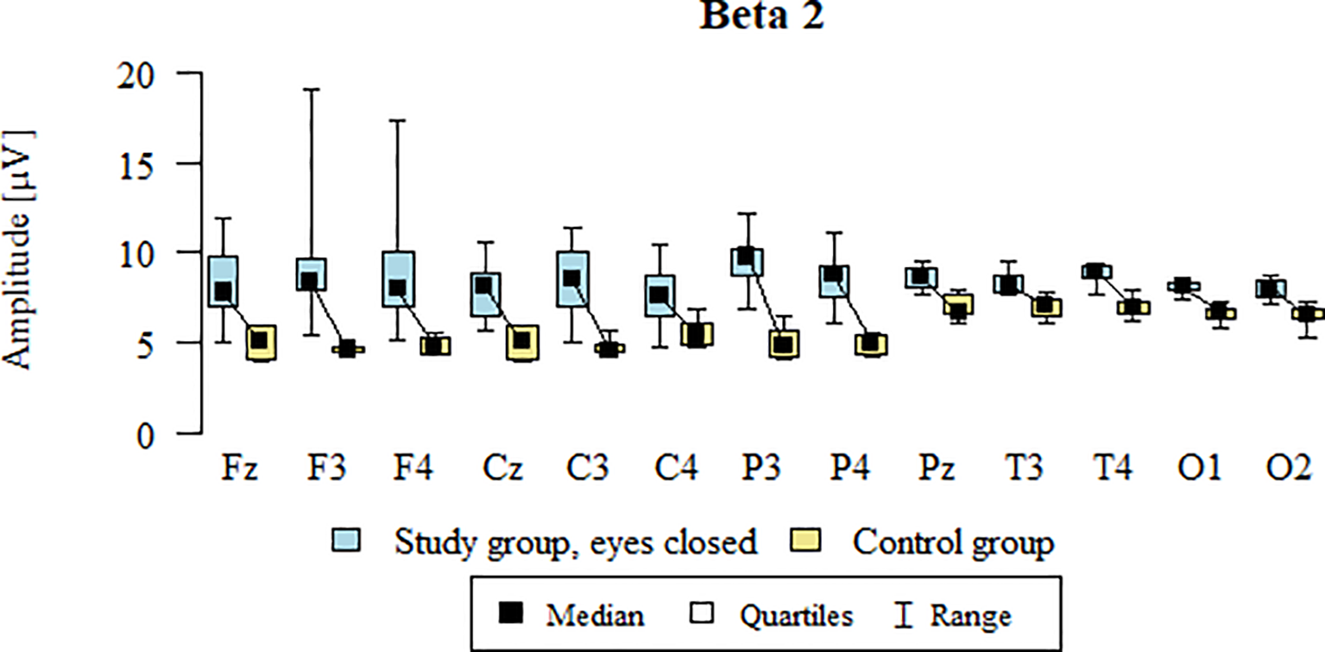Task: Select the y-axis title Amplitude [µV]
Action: point(19,250)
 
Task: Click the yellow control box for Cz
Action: point(521,343)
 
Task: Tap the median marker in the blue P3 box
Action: point(746,257)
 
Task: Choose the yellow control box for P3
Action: point(784,344)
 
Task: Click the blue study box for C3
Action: point(571,279)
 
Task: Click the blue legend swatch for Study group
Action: point(346,542)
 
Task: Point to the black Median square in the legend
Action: point(513,614)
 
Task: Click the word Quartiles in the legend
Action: point(796,615)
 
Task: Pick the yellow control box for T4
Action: point(1133,307)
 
